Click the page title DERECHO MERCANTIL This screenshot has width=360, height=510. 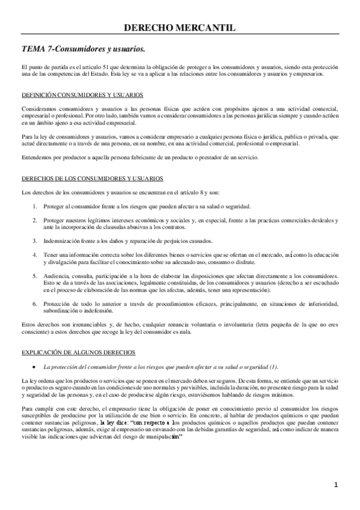click(x=180, y=27)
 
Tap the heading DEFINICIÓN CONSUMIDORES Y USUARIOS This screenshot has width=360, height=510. click(x=82, y=95)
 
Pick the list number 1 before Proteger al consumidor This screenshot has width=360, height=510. click(x=35, y=206)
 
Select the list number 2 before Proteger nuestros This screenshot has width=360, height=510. click(x=35, y=220)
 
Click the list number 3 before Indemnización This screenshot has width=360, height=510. click(x=35, y=241)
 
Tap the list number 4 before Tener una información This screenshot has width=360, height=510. click(x=35, y=256)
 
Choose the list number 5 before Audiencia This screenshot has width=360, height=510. click(x=35, y=276)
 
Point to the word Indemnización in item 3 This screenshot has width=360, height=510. click(x=62, y=241)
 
